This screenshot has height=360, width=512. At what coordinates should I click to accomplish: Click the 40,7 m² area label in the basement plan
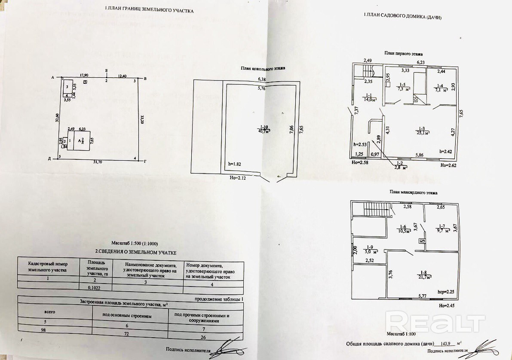click(x=264, y=131)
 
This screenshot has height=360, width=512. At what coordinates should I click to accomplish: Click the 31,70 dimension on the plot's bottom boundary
click(x=98, y=162)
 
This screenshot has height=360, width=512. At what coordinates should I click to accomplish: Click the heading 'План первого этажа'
click(x=403, y=54)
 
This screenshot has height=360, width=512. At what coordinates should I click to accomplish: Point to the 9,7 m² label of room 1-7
click(x=442, y=231)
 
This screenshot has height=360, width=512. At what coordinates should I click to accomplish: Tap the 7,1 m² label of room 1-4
click(x=441, y=90)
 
